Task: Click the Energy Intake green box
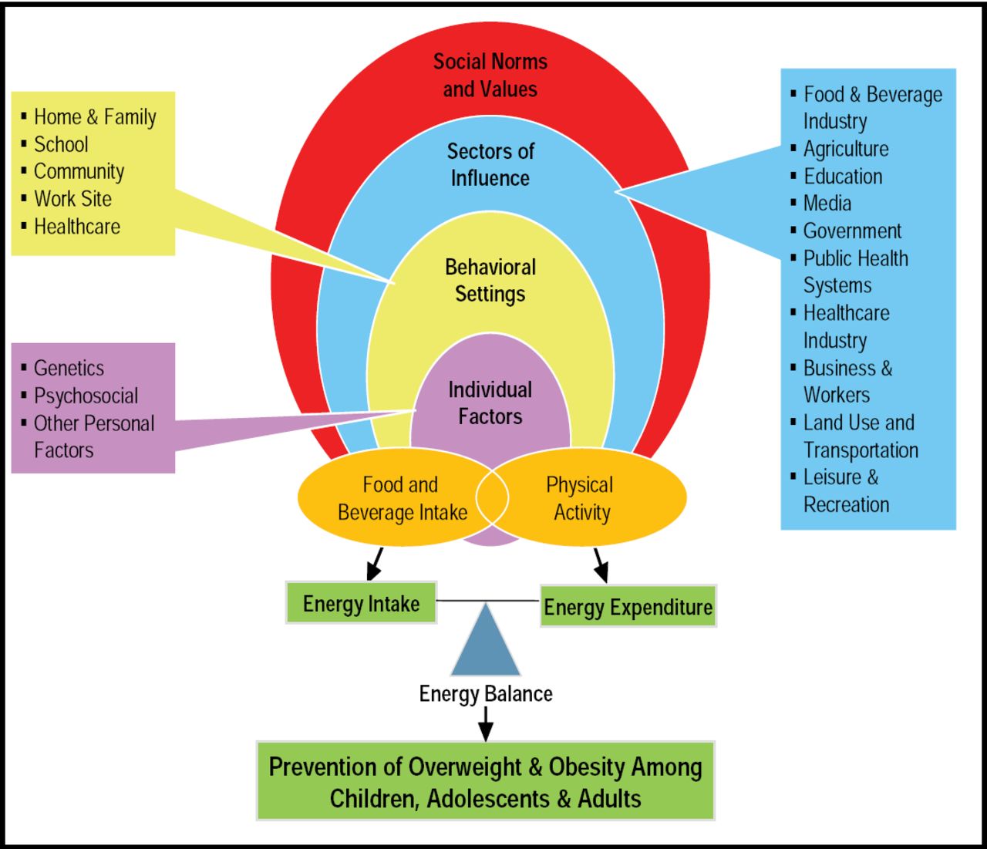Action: pyautogui.click(x=361, y=603)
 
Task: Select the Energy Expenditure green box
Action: pyautogui.click(x=628, y=607)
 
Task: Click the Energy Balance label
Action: pyautogui.click(x=486, y=694)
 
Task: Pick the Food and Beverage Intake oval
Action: pyautogui.click(x=393, y=498)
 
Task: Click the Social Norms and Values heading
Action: pyautogui.click(x=490, y=76)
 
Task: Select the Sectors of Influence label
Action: pyautogui.click(x=490, y=164)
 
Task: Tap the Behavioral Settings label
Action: pyautogui.click(x=490, y=281)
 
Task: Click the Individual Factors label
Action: pyautogui.click(x=490, y=403)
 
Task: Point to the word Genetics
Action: pyautogui.click(x=69, y=369)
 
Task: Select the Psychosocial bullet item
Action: pyautogui.click(x=86, y=396)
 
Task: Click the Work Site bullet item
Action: pyautogui.click(x=72, y=199)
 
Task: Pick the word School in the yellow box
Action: pyautogui.click(x=61, y=144)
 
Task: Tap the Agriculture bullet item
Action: pyautogui.click(x=846, y=149)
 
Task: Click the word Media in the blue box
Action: pyautogui.click(x=827, y=204)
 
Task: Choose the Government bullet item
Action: pyautogui.click(x=852, y=231)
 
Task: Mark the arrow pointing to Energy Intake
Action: pyautogui.click(x=376, y=563)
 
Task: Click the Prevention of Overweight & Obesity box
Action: pyautogui.click(x=486, y=781)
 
